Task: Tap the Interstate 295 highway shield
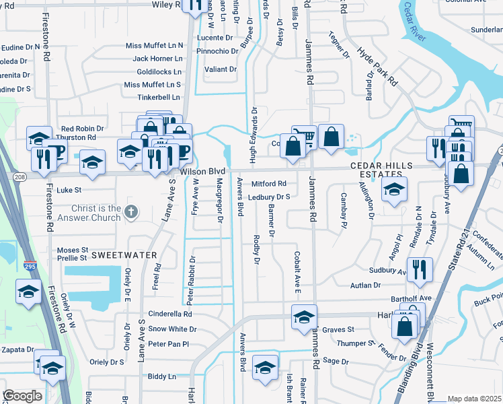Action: click(30, 267)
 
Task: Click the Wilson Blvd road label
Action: click(201, 172)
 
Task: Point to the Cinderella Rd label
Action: click(170, 314)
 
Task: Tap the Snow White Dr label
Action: click(172, 329)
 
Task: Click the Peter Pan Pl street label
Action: click(169, 344)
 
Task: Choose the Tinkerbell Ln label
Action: click(159, 97)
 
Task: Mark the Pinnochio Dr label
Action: click(217, 50)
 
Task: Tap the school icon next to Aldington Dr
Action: click(395, 189)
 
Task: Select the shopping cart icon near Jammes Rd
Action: click(304, 137)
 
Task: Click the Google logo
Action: click(22, 396)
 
